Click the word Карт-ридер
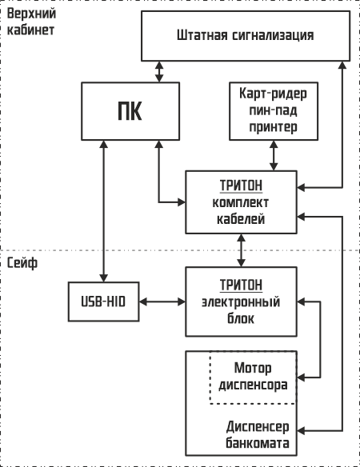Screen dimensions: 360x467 (273, 94)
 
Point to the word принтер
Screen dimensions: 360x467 (273, 127)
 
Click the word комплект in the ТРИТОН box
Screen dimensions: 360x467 (241, 203)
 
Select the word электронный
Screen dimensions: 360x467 (241, 302)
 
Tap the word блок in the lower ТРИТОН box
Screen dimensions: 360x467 (241, 318)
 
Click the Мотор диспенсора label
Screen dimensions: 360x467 (253, 376)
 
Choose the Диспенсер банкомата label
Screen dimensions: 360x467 (258, 435)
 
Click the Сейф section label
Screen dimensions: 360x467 (22, 262)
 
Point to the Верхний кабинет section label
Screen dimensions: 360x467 (31, 22)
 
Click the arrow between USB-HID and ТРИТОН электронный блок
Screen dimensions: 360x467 (162, 301)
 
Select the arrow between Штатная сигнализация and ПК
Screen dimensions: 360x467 (159, 72)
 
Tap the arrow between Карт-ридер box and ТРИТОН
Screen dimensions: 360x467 (274, 155)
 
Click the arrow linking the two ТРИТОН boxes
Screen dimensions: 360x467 (241, 250)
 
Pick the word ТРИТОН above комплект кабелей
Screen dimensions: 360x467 (241, 186)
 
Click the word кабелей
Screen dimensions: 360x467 (241, 219)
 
